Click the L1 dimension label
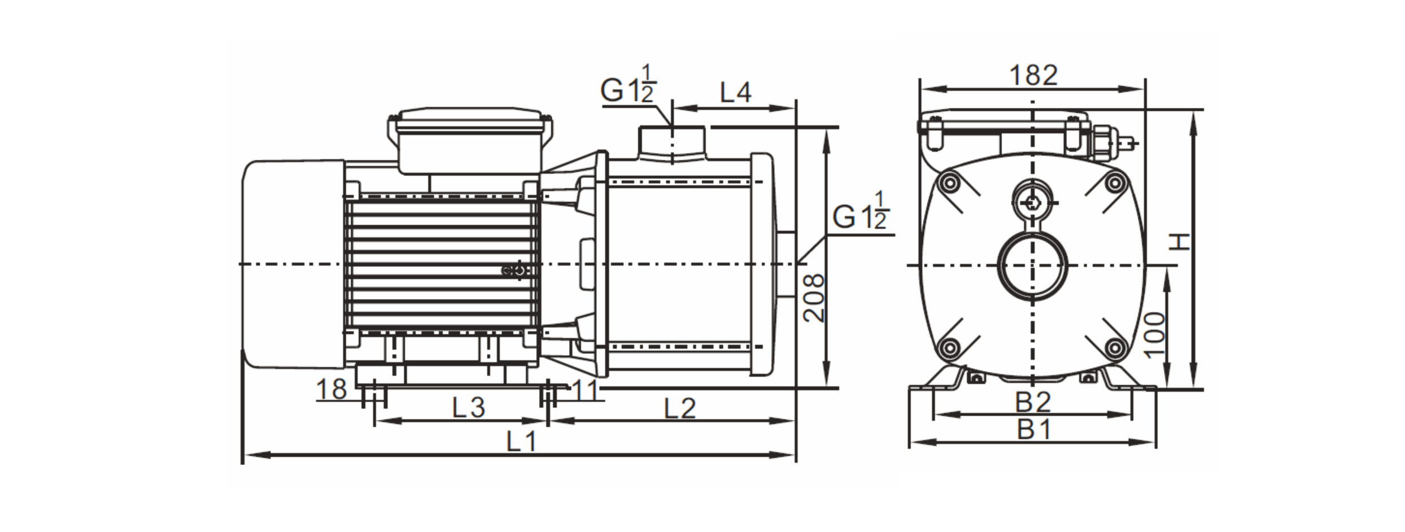point(521,442)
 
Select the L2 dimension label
point(679,408)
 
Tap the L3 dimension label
point(469,408)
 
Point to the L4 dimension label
point(736,93)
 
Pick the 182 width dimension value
point(1033,75)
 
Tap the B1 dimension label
point(1035,430)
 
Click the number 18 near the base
point(331,390)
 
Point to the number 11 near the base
point(586,390)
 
